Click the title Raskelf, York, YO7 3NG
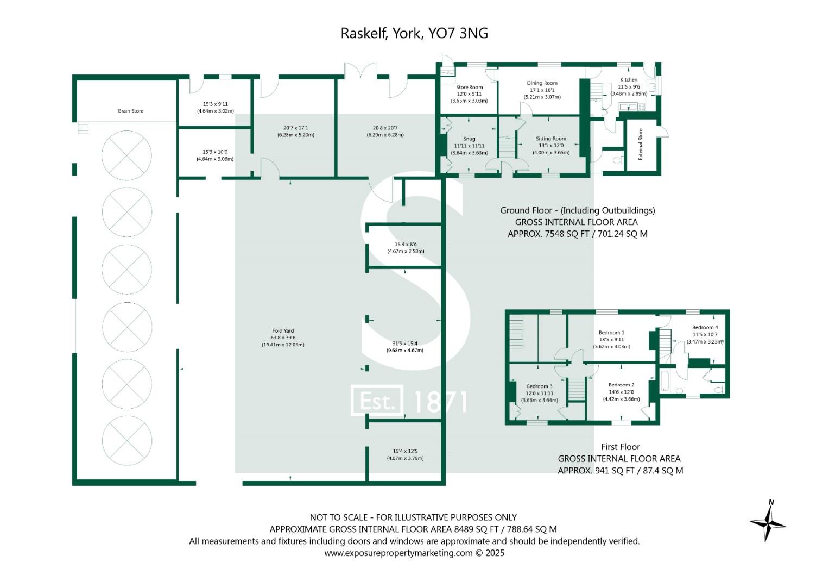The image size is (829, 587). pyautogui.click(x=414, y=33)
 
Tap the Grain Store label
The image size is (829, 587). pyautogui.click(x=130, y=111)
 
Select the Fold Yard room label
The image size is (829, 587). pyautogui.click(x=283, y=330)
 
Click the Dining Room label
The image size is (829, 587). pyautogui.click(x=542, y=83)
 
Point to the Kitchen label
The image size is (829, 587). pyautogui.click(x=629, y=80)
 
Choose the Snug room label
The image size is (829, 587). pyautogui.click(x=469, y=139)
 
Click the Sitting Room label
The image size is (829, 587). pyautogui.click(x=551, y=139)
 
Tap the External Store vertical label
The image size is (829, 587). pyautogui.click(x=641, y=144)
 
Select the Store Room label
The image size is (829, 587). pyautogui.click(x=469, y=87)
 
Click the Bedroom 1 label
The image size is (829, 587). pyautogui.click(x=611, y=333)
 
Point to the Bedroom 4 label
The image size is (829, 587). pyautogui.click(x=705, y=327)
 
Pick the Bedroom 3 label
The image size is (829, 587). pyautogui.click(x=539, y=386)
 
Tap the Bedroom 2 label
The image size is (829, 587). pyautogui.click(x=621, y=385)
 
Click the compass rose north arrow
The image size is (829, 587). pyautogui.click(x=768, y=521)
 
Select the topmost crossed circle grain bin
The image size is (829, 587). pyautogui.click(x=126, y=155)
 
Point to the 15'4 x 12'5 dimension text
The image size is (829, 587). pyautogui.click(x=405, y=451)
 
